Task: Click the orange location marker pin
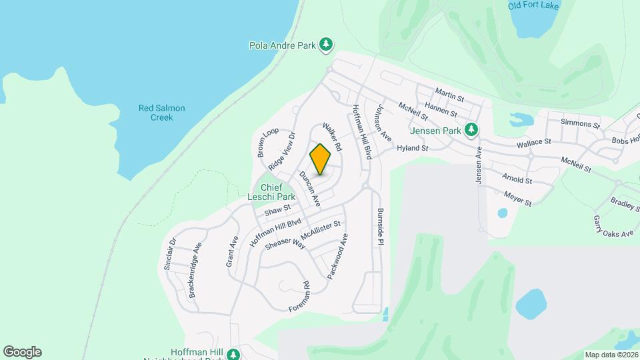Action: click(320, 159)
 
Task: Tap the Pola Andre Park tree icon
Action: click(326, 45)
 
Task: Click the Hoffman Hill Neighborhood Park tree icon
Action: click(233, 353)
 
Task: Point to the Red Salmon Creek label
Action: click(161, 113)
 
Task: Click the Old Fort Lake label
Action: click(533, 6)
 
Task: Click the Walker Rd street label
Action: click(331, 136)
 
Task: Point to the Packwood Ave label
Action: click(338, 256)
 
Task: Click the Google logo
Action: click(22, 352)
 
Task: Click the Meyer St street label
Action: click(518, 199)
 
